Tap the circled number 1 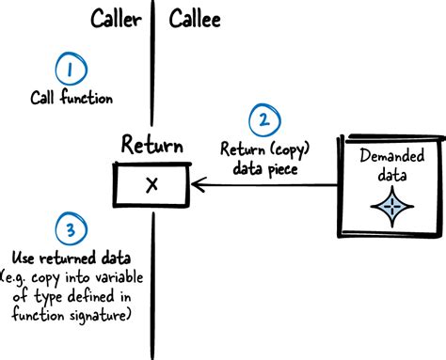(x=70, y=70)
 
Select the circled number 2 (x=263, y=120)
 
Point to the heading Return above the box (x=151, y=145)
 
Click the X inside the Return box (x=151, y=184)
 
